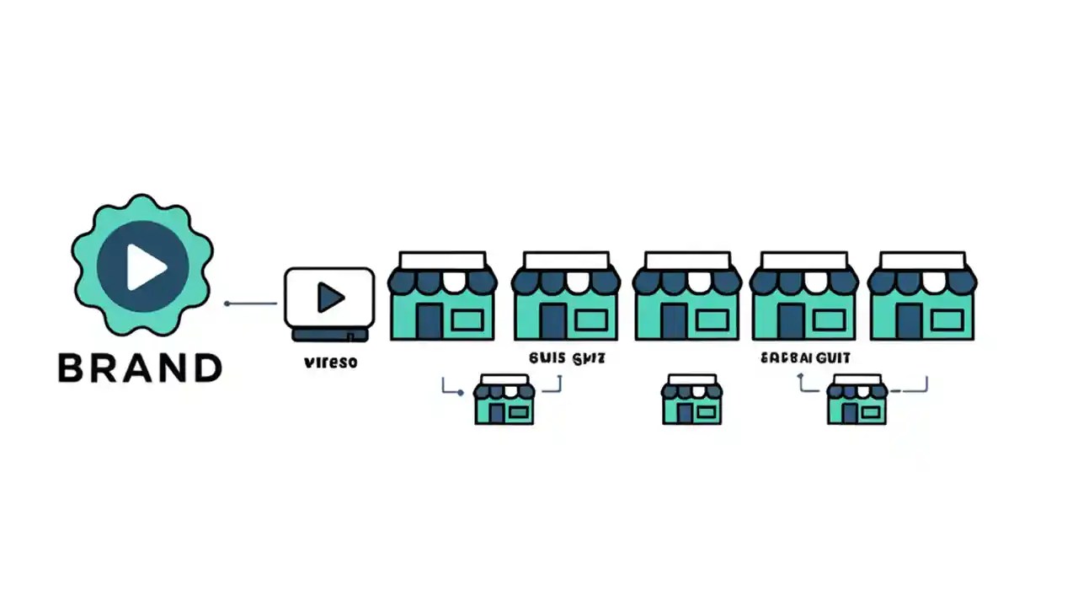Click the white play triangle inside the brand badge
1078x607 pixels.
tap(146, 267)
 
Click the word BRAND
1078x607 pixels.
tap(140, 368)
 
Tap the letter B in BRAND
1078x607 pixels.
tap(73, 368)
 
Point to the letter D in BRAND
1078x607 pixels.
tap(205, 368)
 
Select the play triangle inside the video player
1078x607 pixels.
tap(330, 297)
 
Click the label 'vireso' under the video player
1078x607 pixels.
tap(329, 363)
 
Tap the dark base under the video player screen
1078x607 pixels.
tap(329, 335)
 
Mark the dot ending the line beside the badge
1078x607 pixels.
tap(227, 303)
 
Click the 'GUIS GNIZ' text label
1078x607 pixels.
tap(568, 358)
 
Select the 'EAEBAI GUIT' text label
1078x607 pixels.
tap(805, 358)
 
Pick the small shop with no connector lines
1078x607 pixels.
tap(691, 400)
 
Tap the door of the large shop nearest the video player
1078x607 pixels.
tap(429, 321)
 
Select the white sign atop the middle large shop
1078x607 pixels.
tap(686, 260)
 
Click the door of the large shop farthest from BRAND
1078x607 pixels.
tap(908, 321)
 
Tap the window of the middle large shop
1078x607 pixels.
tap(712, 320)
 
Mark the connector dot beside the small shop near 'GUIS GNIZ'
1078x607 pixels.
tap(460, 392)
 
